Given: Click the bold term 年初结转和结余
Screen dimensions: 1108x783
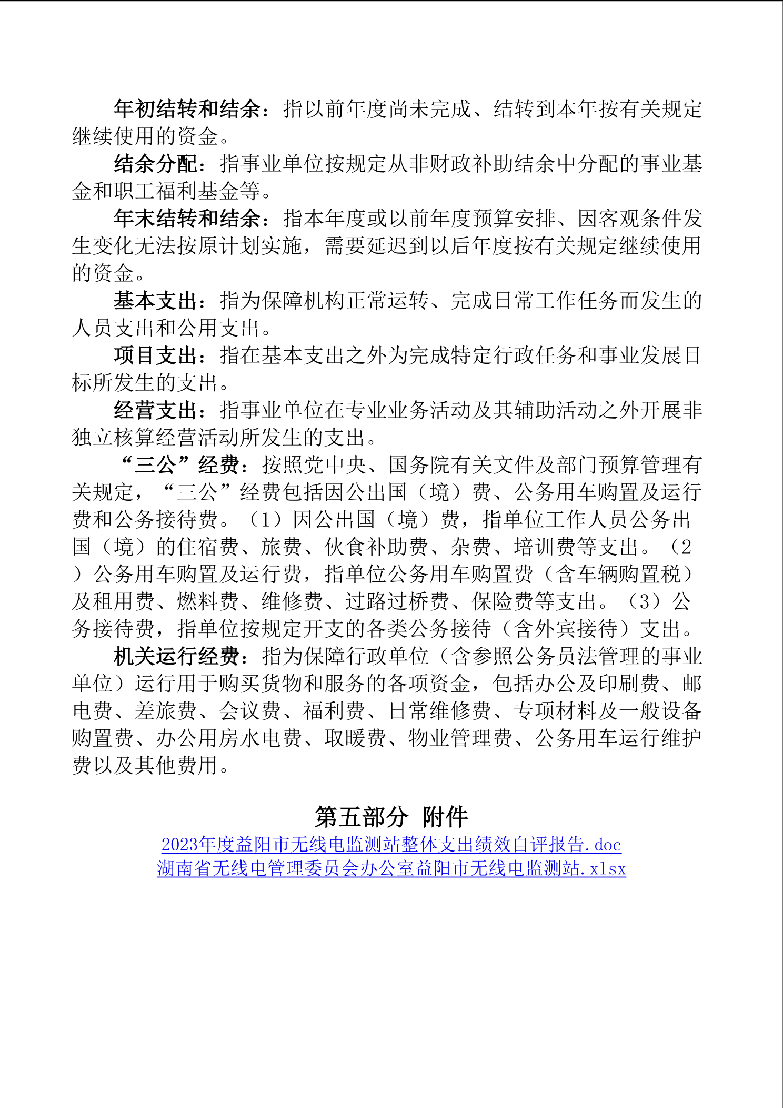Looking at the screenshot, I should [x=187, y=109].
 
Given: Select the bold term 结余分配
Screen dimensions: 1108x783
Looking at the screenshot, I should [x=156, y=164].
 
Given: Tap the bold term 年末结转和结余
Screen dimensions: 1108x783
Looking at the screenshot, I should [x=187, y=219].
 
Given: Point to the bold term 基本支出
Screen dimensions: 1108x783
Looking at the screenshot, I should [x=156, y=301].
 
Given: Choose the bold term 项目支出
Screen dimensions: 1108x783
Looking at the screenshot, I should [x=156, y=355].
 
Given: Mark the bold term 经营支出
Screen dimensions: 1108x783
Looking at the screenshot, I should [x=156, y=410].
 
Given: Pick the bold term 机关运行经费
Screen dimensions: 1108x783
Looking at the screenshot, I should [x=177, y=657].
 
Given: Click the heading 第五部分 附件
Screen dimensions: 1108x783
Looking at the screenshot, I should [x=391, y=817].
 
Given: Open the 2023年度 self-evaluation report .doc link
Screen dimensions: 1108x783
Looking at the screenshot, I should [x=391, y=845].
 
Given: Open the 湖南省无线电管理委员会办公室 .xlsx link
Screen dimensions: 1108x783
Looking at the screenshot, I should [x=391, y=868].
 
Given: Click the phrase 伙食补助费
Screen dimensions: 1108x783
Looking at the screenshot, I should [x=376, y=547].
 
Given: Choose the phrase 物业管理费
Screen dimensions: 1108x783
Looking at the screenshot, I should [x=460, y=739].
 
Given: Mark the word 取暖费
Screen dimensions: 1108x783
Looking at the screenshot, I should [x=355, y=739].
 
